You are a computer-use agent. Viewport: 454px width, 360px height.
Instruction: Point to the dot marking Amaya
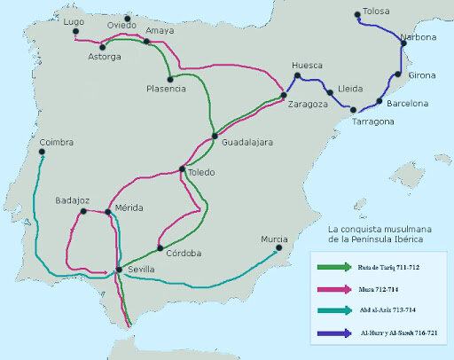pos(147,42)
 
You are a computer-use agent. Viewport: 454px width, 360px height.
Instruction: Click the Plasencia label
pos(166,89)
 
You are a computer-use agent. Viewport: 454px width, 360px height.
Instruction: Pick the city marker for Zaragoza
pos(283,95)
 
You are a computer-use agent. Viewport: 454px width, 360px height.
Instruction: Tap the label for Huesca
pos(308,65)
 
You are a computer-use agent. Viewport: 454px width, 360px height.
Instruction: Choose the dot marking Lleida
pos(329,92)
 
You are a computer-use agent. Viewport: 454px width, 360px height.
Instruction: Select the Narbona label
pos(418,37)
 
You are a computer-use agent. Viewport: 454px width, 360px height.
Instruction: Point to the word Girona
pos(422,75)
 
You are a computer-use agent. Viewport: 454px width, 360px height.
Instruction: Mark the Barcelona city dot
pos(379,100)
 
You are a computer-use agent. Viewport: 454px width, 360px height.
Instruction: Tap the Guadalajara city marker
pos(214,136)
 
